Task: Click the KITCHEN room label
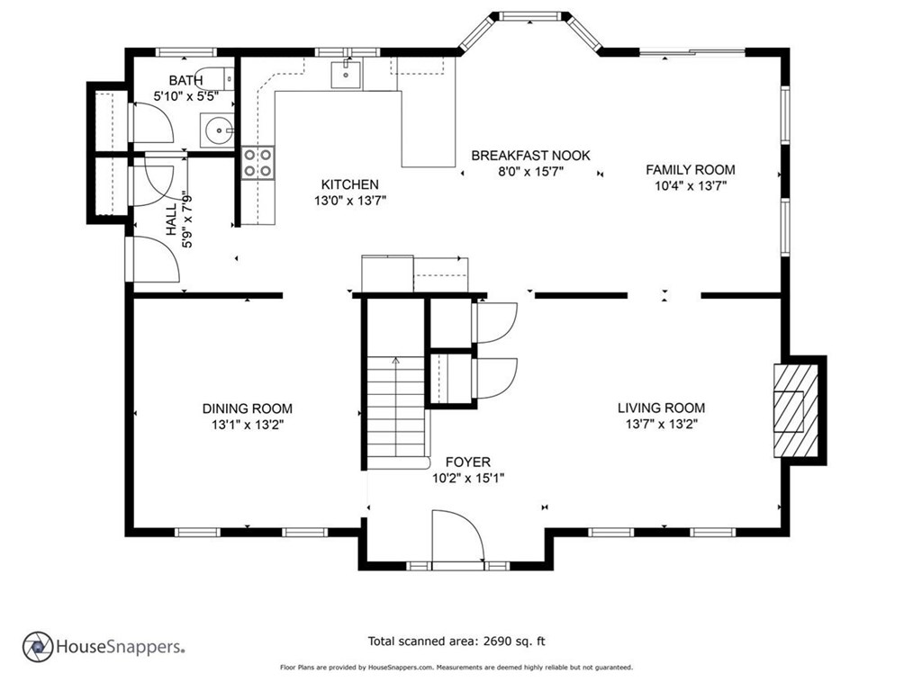tap(350, 184)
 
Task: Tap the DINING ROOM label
tap(248, 408)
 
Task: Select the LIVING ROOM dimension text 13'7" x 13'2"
tap(662, 424)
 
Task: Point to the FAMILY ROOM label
tap(691, 169)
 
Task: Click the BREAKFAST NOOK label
tap(530, 156)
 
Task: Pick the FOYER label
tap(468, 462)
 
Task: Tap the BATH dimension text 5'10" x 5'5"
tap(185, 96)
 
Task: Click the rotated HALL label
tap(171, 220)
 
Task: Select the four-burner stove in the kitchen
tap(258, 163)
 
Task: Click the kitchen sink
tap(346, 75)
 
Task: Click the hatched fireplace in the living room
tap(795, 410)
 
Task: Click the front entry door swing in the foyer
tap(457, 536)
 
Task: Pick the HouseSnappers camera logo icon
tap(38, 647)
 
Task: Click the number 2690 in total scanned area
tap(495, 642)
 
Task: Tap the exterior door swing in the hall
tap(152, 259)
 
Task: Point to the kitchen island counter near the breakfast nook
tap(428, 128)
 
